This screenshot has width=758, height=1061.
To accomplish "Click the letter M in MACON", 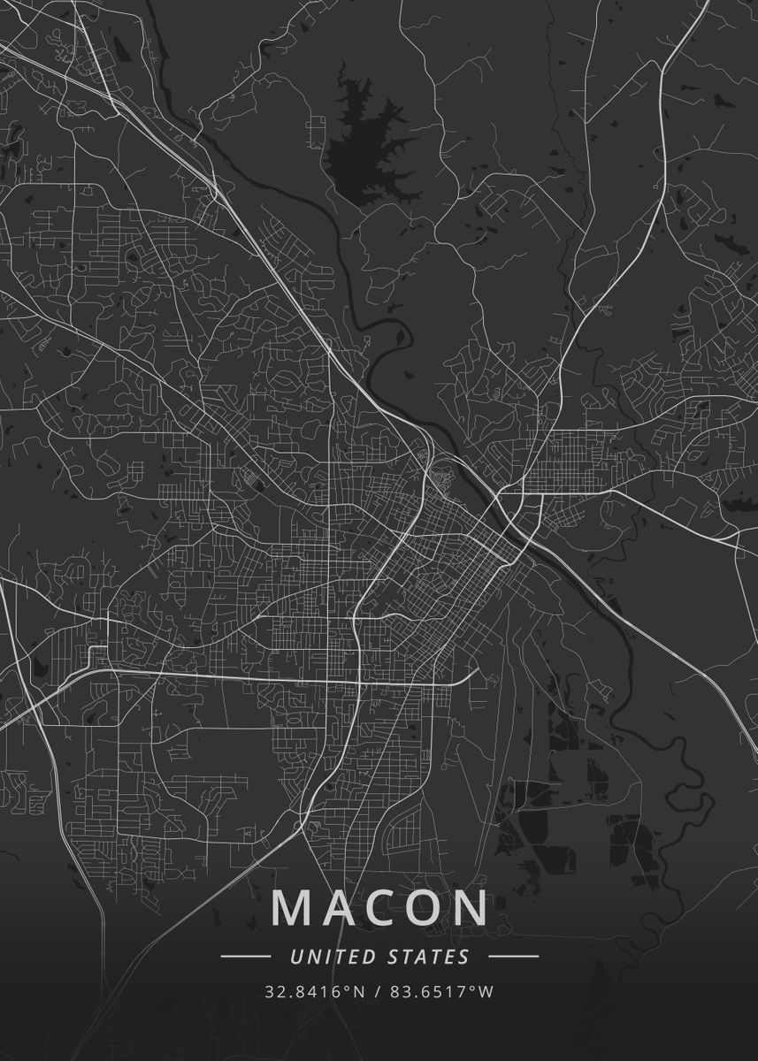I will [x=292, y=908].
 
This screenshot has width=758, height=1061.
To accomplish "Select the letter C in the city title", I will [x=379, y=908].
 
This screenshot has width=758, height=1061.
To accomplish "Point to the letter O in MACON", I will [x=422, y=908].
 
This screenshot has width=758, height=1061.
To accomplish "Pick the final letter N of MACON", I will [x=470, y=908].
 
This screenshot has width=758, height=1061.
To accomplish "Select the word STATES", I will [x=428, y=957].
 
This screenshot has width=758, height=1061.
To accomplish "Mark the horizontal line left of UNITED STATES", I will [x=245, y=957].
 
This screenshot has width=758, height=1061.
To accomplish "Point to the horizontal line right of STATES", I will [x=513, y=957].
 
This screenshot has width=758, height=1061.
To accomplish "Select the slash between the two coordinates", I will [x=378, y=992].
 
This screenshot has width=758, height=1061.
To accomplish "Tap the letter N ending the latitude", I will [x=359, y=992].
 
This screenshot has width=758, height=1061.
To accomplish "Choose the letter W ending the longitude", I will [x=486, y=992].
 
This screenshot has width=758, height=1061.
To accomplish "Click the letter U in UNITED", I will [x=295, y=957].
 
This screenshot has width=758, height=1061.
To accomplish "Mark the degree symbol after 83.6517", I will [x=475, y=988].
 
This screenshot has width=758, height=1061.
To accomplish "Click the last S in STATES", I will [x=465, y=957].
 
